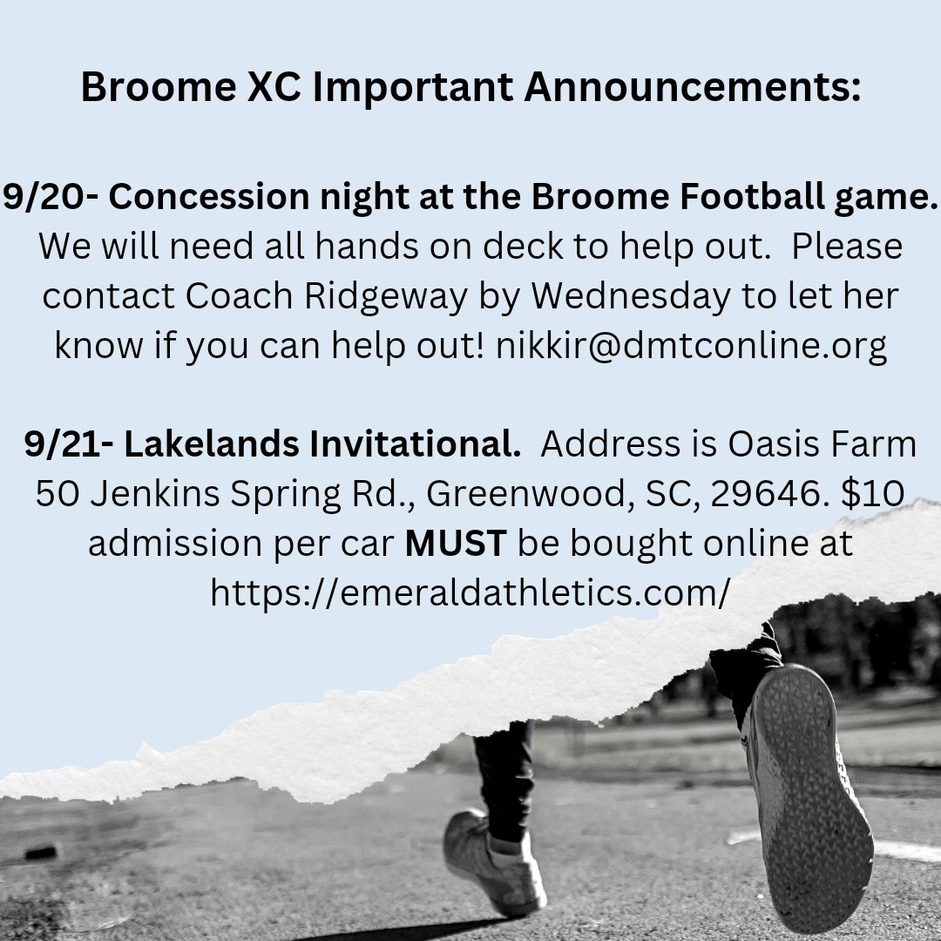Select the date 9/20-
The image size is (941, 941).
(50, 197)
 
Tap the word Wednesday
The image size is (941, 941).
(631, 296)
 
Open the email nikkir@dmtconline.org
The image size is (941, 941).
(691, 346)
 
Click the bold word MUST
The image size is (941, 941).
(456, 544)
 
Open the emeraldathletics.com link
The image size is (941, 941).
(470, 593)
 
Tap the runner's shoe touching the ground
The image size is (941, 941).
(492, 863)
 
